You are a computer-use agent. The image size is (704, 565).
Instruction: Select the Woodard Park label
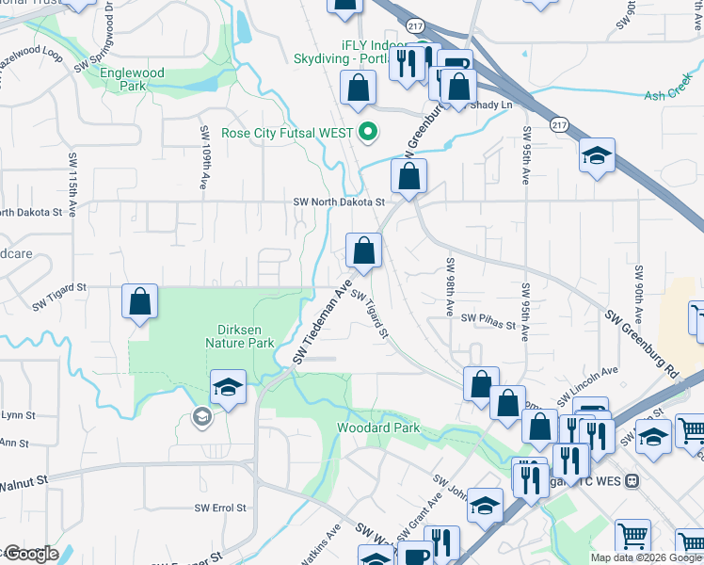click(x=378, y=428)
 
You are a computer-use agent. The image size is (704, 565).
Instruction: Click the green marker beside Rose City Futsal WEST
click(x=369, y=133)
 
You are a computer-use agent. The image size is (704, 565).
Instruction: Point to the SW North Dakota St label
click(x=339, y=202)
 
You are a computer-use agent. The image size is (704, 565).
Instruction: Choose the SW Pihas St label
click(x=488, y=326)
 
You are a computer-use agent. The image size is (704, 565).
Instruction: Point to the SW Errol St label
click(x=220, y=508)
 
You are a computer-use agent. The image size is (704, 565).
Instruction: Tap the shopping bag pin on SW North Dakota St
click(x=409, y=176)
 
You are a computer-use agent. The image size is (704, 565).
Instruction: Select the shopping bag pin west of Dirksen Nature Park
click(x=139, y=302)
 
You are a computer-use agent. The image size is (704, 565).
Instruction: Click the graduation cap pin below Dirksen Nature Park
click(x=228, y=388)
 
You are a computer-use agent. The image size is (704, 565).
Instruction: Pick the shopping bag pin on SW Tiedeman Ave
click(x=363, y=250)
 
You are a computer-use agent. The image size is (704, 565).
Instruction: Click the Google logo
click(x=31, y=553)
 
